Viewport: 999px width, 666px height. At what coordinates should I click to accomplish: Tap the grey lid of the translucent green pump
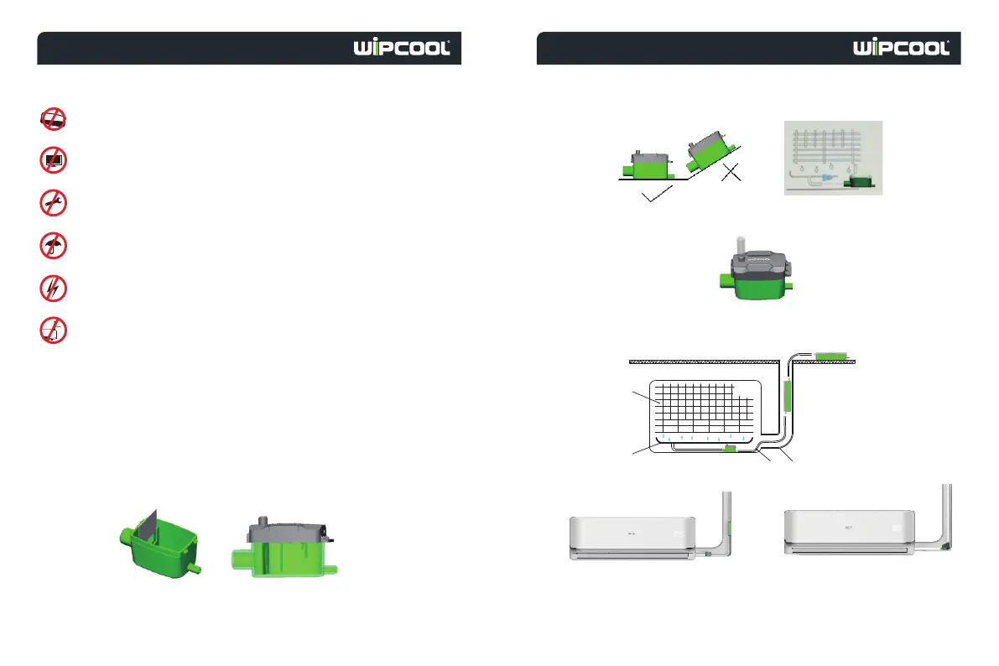[x=284, y=531]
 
